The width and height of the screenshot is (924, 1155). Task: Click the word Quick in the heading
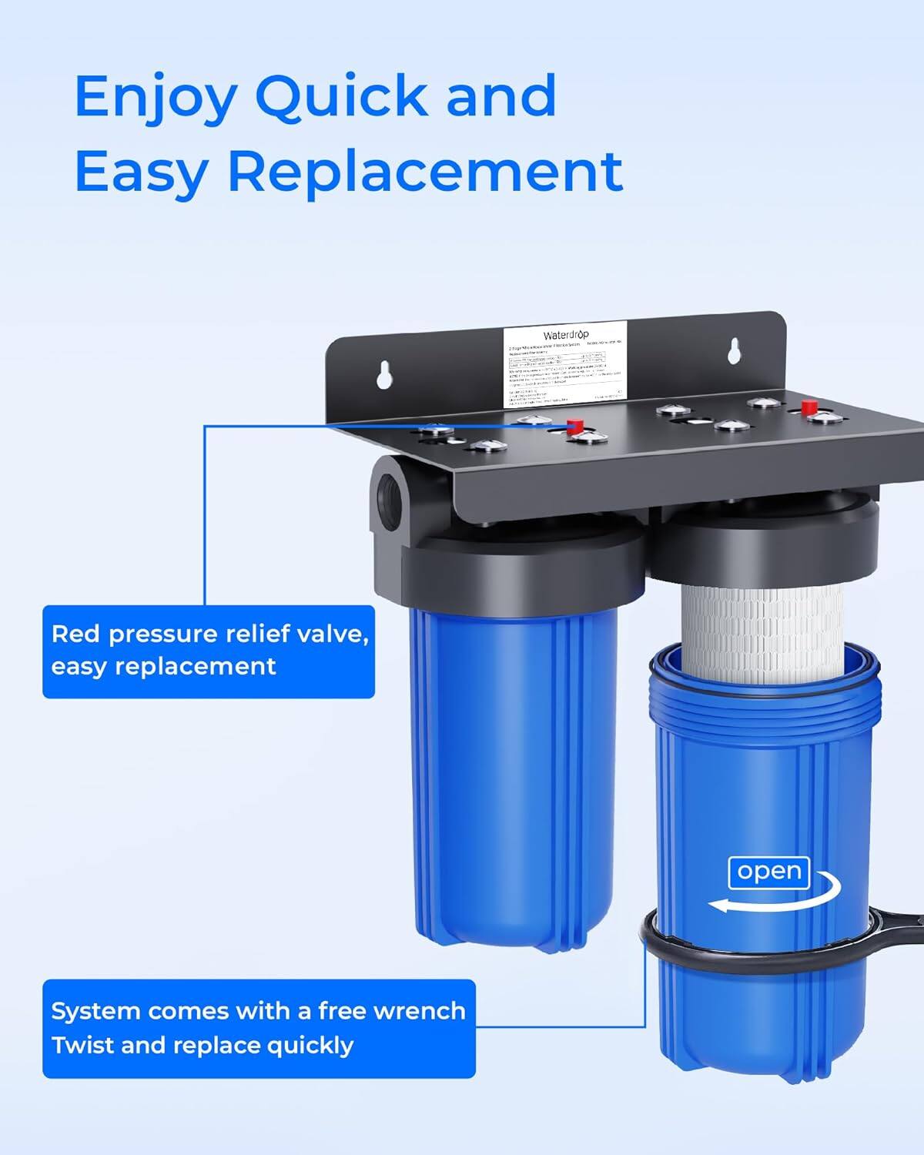tap(341, 97)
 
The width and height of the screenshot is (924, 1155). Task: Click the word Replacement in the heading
tap(425, 171)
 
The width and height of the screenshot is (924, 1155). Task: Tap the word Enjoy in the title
tap(155, 97)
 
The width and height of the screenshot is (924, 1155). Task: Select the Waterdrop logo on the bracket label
tap(566, 335)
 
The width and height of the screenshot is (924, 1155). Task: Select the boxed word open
tap(768, 872)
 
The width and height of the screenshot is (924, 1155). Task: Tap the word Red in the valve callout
tap(76, 634)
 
